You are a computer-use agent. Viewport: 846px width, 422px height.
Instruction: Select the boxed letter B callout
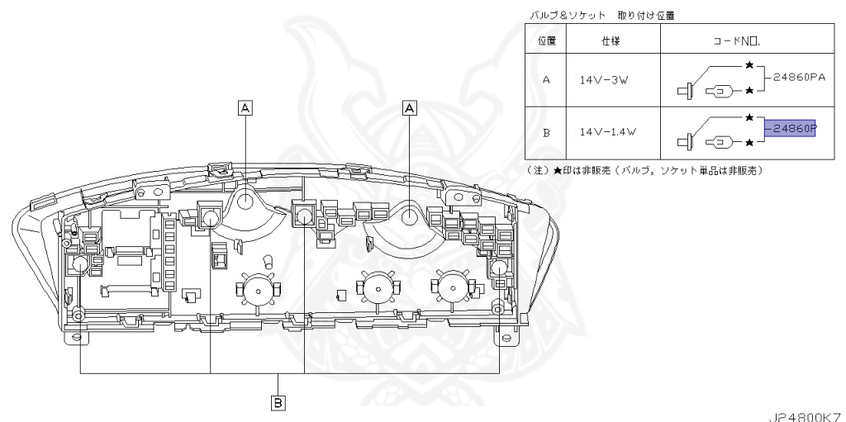tap(278, 402)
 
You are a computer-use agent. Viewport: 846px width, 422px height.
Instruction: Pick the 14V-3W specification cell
tap(612, 81)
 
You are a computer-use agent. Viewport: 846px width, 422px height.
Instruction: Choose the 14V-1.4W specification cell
tap(612, 131)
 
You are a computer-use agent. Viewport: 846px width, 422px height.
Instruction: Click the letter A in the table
tap(546, 81)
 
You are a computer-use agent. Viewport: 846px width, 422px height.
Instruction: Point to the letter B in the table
tap(546, 131)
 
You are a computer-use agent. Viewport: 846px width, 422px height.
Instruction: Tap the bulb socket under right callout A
tap(411, 217)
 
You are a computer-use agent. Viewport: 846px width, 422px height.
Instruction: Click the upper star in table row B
tap(749, 118)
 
